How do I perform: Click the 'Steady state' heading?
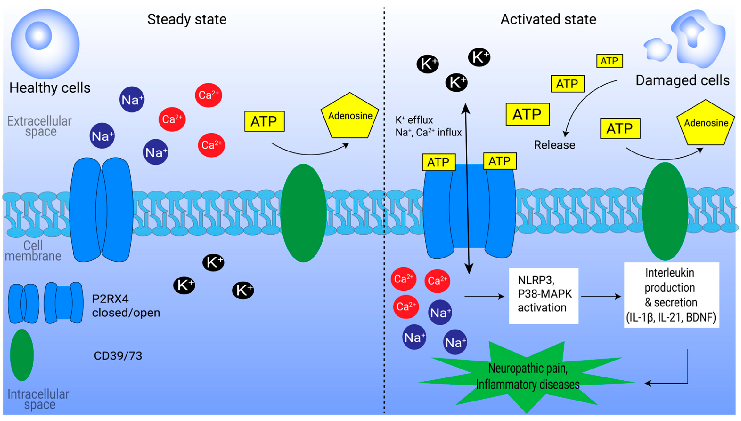coord(187,19)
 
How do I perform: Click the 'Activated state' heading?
coord(548,19)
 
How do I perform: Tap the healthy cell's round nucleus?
coord(38,36)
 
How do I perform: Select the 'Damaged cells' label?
coord(682,80)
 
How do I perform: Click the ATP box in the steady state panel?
coord(264,121)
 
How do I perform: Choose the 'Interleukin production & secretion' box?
coord(671,295)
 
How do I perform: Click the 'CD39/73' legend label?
coord(118,356)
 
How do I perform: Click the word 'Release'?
coord(554,145)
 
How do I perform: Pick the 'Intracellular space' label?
coord(38,399)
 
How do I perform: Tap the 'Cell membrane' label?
coord(33,251)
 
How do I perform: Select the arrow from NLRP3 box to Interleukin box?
coord(601,296)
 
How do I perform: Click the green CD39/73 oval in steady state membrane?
coord(303,213)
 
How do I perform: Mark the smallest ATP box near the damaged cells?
coord(609,61)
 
